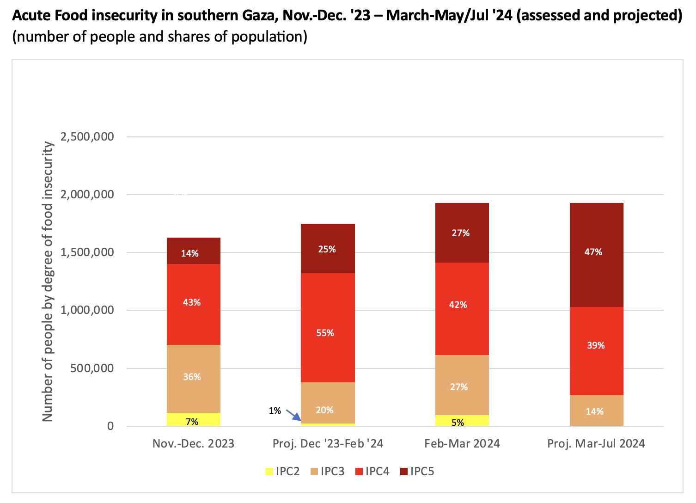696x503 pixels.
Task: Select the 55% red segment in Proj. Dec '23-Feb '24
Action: coord(328,327)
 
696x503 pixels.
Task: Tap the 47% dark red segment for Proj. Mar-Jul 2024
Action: coord(596,255)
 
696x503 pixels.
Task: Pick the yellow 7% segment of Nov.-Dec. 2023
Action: coord(193,419)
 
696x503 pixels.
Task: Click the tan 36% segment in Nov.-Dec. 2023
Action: coord(193,379)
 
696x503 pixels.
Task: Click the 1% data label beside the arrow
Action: coord(275,411)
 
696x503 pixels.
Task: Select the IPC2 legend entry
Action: coord(283,472)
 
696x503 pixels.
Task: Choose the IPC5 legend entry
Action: coord(417,472)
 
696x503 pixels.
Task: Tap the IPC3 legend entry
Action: coord(328,472)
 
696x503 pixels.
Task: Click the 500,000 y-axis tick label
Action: coord(92,368)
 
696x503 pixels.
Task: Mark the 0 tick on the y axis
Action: coord(110,426)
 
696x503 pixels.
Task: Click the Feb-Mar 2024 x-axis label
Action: coord(462,444)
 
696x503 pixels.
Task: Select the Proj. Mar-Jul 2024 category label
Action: coord(596,444)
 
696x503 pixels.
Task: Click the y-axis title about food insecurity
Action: coord(48,282)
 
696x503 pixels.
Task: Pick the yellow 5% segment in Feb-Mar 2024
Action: coord(462,421)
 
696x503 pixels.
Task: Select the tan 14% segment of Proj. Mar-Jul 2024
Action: coord(596,411)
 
